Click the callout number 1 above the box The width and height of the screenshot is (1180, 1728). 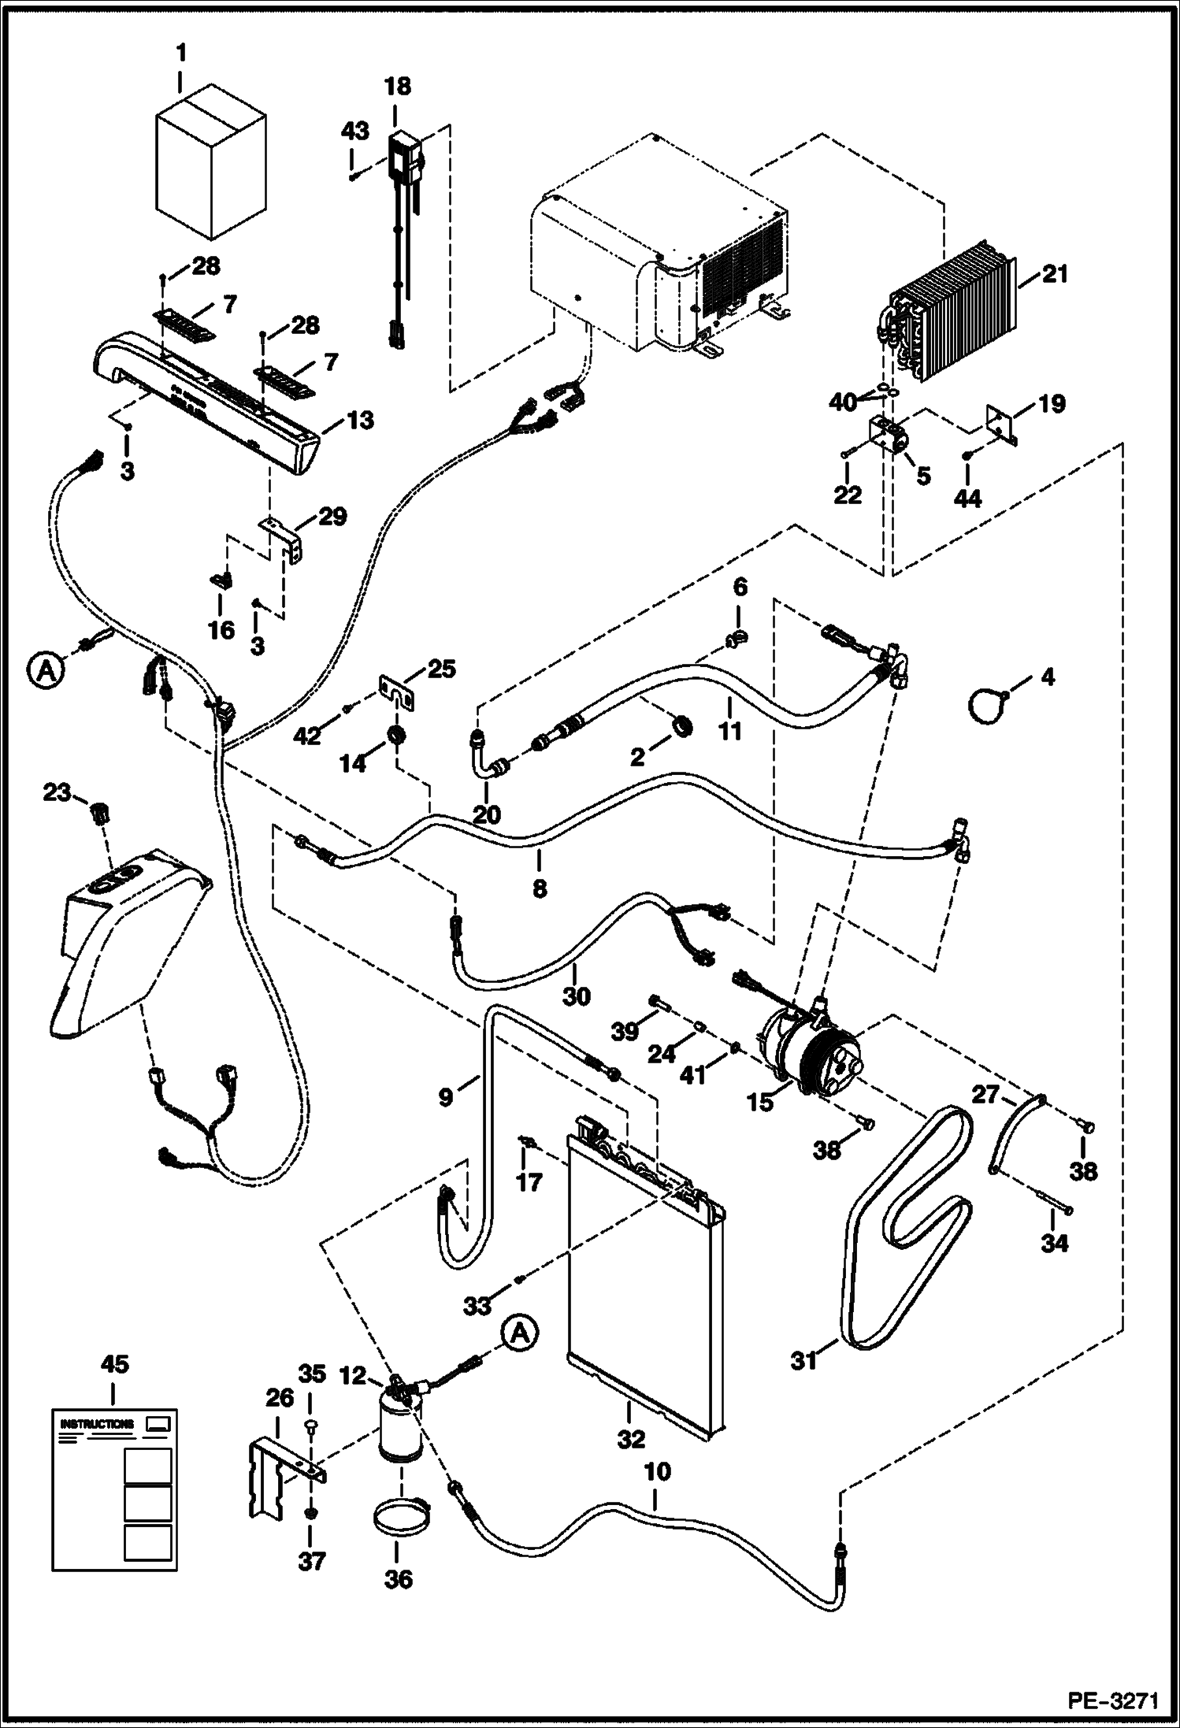click(x=181, y=54)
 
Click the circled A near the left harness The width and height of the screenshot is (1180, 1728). click(x=46, y=671)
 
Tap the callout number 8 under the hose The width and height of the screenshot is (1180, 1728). click(x=539, y=888)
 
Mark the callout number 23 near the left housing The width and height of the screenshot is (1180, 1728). click(x=57, y=792)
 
